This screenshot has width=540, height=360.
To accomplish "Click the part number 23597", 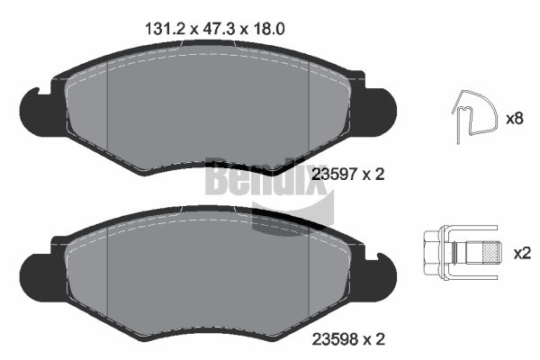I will coord(331,175).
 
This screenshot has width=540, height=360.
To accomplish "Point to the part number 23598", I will coord(331,339).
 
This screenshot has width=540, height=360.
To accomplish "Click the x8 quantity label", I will coord(515,118).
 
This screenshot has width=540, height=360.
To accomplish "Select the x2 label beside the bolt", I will coord(521,253).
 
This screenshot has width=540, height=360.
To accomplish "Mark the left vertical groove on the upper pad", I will coord(107,117).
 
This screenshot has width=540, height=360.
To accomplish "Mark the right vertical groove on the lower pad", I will coord(309,274).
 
